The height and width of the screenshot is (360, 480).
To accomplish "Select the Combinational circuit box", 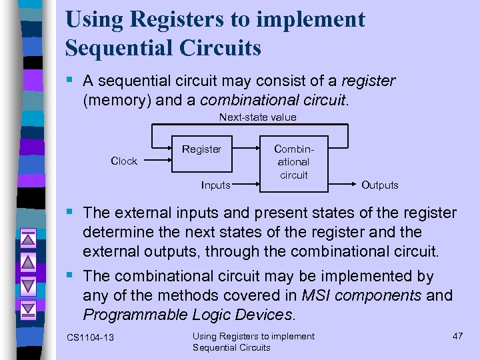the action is coord(293,161).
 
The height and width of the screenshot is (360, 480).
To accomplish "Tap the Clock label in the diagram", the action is coord(124,161).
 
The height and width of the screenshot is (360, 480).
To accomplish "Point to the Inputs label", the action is coord(215,185).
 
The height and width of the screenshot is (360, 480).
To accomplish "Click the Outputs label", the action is coord(379,185).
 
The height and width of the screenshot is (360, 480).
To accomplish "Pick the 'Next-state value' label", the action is coord(258,117).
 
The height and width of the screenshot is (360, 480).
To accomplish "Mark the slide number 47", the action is coord(457,336).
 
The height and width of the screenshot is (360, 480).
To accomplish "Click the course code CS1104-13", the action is coord(90,338).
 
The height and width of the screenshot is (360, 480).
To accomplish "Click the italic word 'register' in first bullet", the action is coord(368,81).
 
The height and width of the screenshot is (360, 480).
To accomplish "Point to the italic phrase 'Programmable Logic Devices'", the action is coord(187,314).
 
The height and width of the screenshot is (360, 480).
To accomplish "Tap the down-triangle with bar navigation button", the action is coord(27,309).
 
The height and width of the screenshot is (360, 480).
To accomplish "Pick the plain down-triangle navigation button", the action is coord(27,285).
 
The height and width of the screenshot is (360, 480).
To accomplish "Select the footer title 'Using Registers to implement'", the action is coord(253,336).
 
